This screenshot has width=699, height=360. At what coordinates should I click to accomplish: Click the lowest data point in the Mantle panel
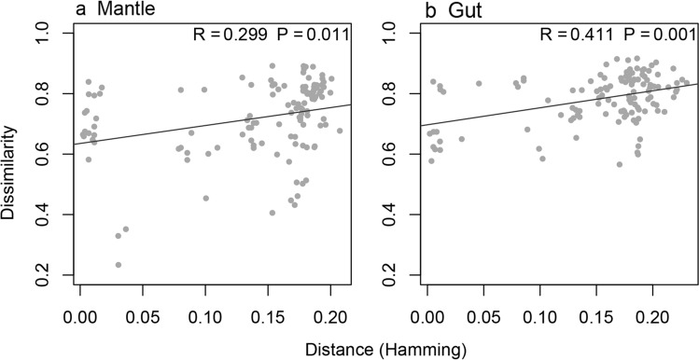(x=119, y=265)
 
